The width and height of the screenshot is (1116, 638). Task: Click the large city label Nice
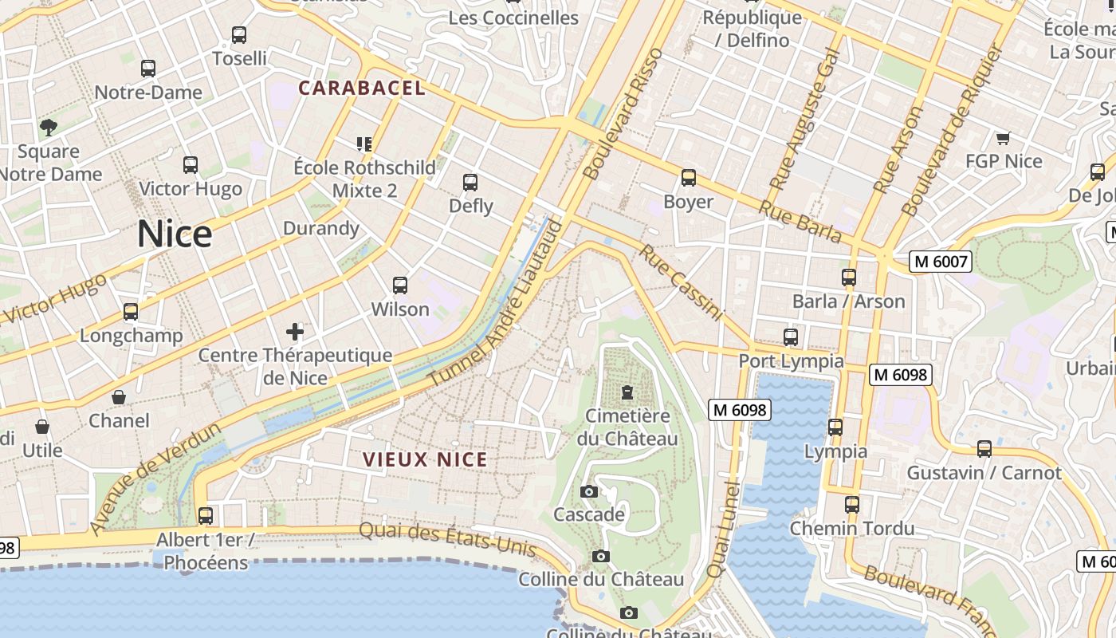[x=175, y=234]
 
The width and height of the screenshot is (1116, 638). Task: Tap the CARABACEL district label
[x=362, y=89]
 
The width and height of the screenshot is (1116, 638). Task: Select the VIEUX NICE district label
[x=425, y=459]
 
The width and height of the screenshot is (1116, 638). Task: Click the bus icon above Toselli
[x=239, y=35]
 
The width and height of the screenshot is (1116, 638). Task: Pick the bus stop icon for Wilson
[x=400, y=285]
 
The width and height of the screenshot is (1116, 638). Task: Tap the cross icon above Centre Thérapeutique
[x=295, y=331]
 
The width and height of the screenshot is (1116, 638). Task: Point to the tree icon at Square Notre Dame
[x=49, y=127]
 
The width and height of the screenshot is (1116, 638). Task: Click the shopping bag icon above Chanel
[x=119, y=397]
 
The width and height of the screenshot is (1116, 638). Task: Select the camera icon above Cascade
[x=589, y=491]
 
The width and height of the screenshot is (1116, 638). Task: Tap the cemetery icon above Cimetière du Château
[x=628, y=392]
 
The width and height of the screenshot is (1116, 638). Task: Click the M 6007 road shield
[x=941, y=262]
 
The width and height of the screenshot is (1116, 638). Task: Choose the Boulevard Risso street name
[x=623, y=113]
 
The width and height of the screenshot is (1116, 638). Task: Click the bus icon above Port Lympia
[x=791, y=337]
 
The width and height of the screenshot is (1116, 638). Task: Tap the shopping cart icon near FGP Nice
[x=1004, y=138]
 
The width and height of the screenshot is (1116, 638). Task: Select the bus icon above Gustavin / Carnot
[x=984, y=449]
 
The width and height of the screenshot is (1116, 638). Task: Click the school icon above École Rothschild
[x=364, y=144]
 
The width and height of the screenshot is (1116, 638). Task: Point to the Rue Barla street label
[x=800, y=221]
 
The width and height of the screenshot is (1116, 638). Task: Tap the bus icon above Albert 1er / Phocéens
[x=206, y=516]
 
